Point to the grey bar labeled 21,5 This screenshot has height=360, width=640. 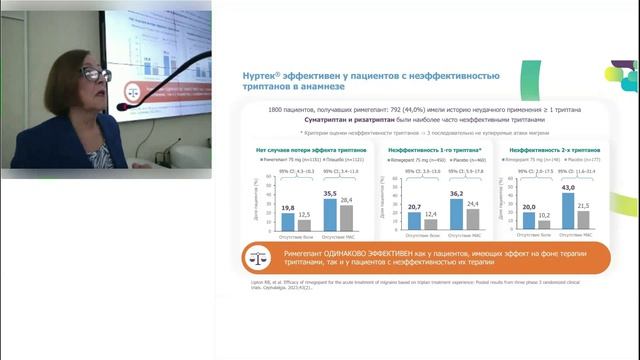pyautogui.click(x=589, y=221)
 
